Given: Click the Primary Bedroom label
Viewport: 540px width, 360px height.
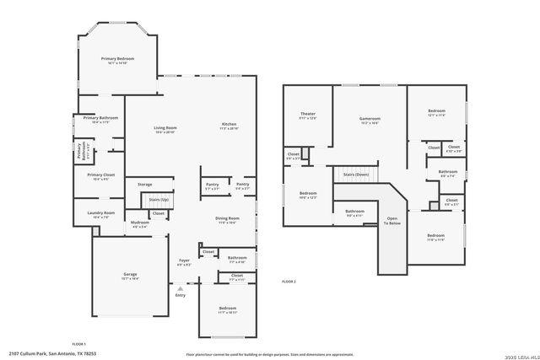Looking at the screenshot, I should tap(119, 58).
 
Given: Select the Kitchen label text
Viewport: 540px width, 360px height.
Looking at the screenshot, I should tap(229, 124).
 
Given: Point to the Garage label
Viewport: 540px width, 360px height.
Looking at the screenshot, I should tap(130, 274).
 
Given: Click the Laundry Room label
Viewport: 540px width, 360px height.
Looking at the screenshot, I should tap(100, 212).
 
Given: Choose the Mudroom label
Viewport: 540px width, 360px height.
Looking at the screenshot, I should tap(139, 223).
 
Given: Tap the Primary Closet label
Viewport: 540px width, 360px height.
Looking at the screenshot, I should tap(100, 175).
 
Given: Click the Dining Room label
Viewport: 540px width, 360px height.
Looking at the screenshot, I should tap(228, 218).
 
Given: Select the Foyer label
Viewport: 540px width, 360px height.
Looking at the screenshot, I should tap(184, 261).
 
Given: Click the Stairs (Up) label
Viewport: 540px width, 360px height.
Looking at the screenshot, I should tap(159, 200).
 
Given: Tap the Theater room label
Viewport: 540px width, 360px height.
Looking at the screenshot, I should tap(308, 114).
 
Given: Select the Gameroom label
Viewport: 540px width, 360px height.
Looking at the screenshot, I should tap(370, 119).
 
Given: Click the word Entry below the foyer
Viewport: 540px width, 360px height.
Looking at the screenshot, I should tap(180, 295).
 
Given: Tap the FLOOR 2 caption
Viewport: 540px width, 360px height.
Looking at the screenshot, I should tap(289, 281).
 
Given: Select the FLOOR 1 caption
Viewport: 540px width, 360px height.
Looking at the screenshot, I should tap(79, 344).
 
